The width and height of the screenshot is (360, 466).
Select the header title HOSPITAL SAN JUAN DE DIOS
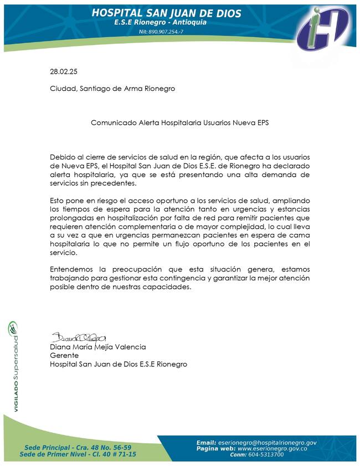pyautogui.click(x=166, y=13)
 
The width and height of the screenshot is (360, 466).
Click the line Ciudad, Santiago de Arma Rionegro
pyautogui.click(x=112, y=89)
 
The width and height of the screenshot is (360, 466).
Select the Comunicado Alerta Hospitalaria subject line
pyautogui.click(x=179, y=122)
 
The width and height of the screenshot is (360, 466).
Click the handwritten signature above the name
pyautogui.click(x=78, y=337)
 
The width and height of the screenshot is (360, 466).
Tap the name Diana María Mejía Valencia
pyautogui.click(x=98, y=347)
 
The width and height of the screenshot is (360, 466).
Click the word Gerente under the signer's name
pyautogui.click(x=64, y=355)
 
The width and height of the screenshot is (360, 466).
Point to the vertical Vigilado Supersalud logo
pyautogui.click(x=12, y=366)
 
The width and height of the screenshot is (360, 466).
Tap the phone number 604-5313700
pyautogui.click(x=264, y=454)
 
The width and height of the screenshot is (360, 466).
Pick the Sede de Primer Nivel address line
pyautogui.click(x=78, y=454)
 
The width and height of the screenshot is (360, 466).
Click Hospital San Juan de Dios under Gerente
pyautogui.click(x=119, y=364)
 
